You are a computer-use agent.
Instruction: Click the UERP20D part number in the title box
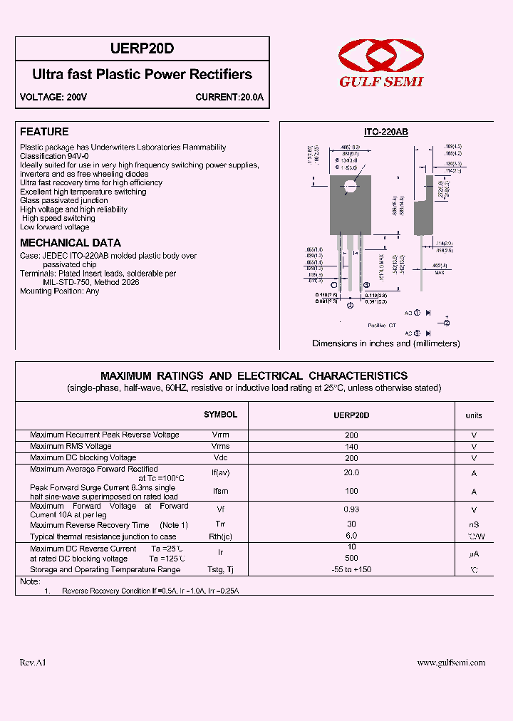[142, 48]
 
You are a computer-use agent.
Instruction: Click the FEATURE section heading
[44, 132]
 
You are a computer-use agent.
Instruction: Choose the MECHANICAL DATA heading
[71, 242]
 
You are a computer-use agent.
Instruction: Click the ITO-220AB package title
[386, 132]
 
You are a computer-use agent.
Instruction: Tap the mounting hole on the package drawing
[350, 188]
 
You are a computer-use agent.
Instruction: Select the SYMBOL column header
[221, 415]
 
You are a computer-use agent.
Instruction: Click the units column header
[474, 415]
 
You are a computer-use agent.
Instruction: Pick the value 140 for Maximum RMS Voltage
[351, 447]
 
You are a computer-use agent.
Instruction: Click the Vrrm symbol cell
[221, 435]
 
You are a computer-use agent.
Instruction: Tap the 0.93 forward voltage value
[351, 509]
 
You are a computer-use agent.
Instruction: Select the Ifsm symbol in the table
[221, 492]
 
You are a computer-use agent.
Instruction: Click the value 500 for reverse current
[351, 559]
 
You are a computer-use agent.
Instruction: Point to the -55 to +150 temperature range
[351, 570]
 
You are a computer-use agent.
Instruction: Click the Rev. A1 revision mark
[33, 663]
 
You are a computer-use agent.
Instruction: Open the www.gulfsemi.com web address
[451, 663]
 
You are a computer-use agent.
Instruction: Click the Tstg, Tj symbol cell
[221, 570]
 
